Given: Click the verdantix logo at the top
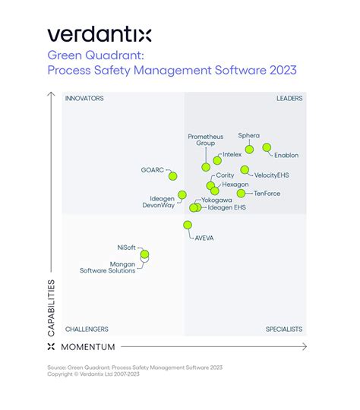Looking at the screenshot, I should pos(99,34).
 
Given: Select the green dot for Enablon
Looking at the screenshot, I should pos(267,147).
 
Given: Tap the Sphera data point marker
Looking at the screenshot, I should pos(249,149).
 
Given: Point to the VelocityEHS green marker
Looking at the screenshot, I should pos(245,170).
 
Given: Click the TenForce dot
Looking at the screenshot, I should pos(241,193).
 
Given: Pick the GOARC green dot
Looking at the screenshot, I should pos(172,176).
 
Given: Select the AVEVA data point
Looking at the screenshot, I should pos(188,225).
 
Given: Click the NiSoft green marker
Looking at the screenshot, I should pos(144,254).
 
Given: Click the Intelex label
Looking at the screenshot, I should pos(232,154).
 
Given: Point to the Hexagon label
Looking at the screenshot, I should pos(234,184).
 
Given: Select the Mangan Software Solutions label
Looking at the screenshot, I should pos(108,267).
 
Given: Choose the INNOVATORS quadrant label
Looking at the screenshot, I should pos(84,98).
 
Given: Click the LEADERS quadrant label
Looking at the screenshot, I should pos(289,98).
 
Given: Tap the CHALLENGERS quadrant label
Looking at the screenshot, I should pos(87,329).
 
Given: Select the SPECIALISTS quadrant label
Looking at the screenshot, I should pos(284,329).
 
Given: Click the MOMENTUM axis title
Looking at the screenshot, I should pos(87,347).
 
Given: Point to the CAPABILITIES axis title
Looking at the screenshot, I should pos(51,307).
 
